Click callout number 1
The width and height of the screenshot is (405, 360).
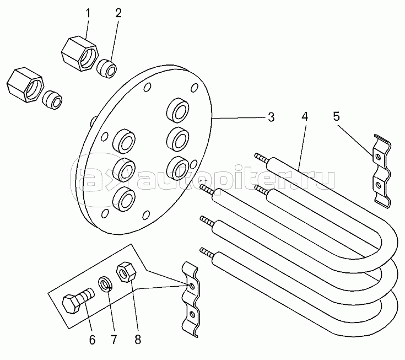click(88, 13)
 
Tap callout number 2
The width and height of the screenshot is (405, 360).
click(118, 13)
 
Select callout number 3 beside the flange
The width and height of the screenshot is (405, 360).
click(271, 117)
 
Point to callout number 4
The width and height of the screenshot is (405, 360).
click(305, 116)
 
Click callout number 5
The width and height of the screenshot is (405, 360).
click(336, 116)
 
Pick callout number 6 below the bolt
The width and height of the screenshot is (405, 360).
click(92, 340)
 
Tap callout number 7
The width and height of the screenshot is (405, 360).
click(114, 340)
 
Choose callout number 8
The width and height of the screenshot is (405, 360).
click(138, 340)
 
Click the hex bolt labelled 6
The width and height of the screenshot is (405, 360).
click(78, 300)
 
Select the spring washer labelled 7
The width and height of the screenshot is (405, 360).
click(105, 284)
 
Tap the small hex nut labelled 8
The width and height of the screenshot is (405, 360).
click(127, 273)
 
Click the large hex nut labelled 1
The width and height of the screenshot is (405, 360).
click(80, 54)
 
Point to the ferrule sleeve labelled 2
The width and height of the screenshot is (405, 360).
click(107, 68)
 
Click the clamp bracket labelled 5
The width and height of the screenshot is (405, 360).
click(382, 171)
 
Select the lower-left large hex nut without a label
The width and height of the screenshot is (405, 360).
click(25, 85)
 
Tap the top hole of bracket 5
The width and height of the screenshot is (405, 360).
click(379, 157)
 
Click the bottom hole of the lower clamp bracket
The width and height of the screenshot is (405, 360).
click(192, 314)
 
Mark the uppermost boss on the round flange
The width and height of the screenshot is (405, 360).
click(177, 110)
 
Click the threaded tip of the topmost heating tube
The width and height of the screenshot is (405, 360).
click(261, 158)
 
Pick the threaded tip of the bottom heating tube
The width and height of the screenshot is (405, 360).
click(207, 252)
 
